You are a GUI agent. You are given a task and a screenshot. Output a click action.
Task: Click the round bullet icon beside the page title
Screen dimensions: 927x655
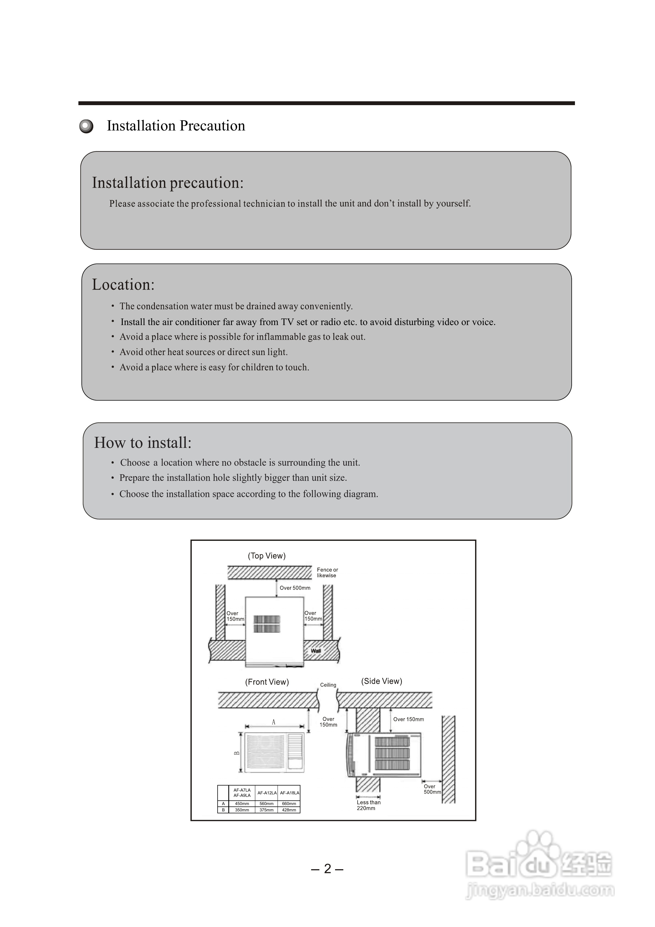click(x=86, y=126)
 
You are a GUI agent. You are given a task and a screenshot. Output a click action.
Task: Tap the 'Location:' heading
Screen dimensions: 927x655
click(x=123, y=285)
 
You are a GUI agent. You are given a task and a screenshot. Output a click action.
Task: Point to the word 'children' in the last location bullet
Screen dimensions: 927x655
click(x=257, y=367)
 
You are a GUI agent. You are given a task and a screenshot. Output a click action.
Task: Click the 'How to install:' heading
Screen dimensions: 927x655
click(x=143, y=443)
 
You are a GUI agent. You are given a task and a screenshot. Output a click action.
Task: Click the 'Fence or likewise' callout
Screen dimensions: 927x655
click(x=327, y=572)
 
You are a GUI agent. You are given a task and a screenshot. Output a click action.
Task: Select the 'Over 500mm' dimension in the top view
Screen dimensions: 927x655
click(x=295, y=588)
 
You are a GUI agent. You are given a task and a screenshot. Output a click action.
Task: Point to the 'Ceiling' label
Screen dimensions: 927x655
click(x=328, y=685)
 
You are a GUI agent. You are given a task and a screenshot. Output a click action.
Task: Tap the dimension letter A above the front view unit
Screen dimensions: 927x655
click(x=274, y=722)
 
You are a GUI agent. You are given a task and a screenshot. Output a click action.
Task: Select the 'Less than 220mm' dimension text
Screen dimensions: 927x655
click(x=368, y=805)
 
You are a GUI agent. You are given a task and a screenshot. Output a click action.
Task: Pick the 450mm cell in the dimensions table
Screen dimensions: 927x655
click(x=242, y=804)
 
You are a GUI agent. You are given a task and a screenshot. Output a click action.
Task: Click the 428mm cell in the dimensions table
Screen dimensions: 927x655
click(x=289, y=810)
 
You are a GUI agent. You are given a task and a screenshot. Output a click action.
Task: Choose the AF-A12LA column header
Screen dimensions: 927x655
click(x=267, y=793)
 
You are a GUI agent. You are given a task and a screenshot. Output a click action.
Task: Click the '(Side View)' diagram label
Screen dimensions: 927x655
click(x=381, y=681)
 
